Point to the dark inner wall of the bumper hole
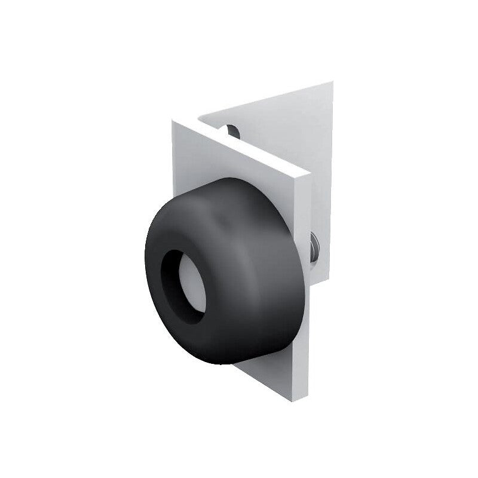173,275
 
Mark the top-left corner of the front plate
173,121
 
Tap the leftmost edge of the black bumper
145,263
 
